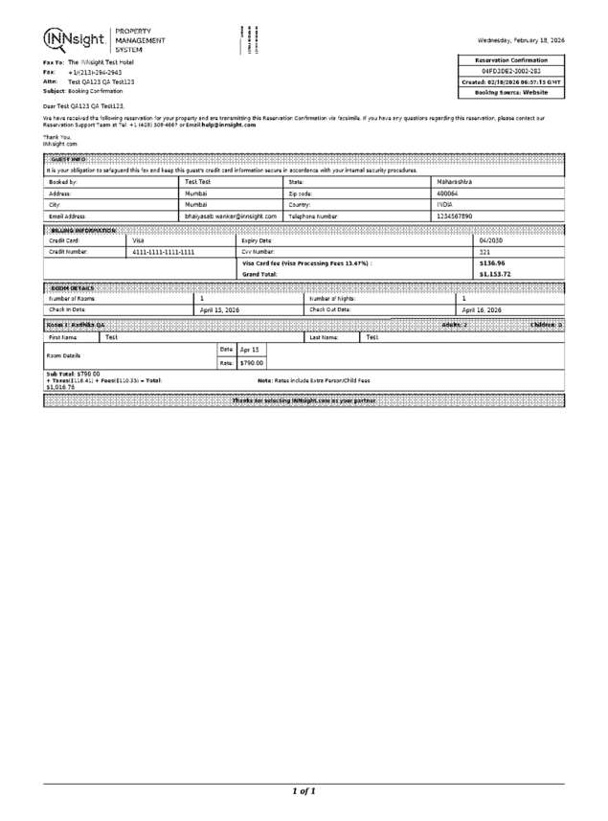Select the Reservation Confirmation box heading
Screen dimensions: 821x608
(512, 60)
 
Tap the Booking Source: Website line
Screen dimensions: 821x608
(512, 92)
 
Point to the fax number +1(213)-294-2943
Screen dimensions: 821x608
(95, 72)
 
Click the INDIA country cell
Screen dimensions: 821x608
(445, 204)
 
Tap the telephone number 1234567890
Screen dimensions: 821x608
(455, 217)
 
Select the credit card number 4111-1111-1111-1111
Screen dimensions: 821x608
(164, 251)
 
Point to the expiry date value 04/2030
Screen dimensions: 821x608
(491, 239)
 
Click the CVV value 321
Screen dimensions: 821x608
(484, 251)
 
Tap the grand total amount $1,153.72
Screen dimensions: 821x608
(494, 274)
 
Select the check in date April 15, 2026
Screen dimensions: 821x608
(219, 310)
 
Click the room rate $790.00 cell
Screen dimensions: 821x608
(252, 363)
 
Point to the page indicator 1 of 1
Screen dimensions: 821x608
(304, 791)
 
